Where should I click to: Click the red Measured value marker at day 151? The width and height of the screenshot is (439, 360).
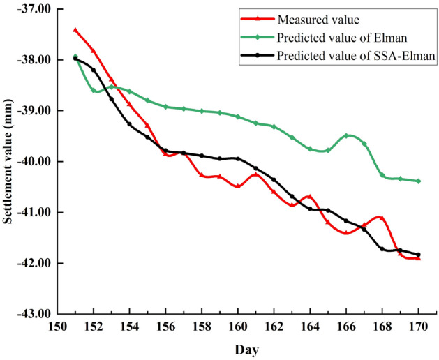pyautogui.click(x=75, y=30)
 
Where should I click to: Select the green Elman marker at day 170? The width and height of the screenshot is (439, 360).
pyautogui.click(x=418, y=181)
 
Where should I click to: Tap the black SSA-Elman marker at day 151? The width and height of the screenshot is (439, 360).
pyautogui.click(x=75, y=59)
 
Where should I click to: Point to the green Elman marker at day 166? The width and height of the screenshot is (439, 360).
pyautogui.click(x=346, y=135)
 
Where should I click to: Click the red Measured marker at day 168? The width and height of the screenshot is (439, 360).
pyautogui.click(x=382, y=218)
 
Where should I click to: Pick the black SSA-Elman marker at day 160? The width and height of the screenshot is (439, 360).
pyautogui.click(x=238, y=158)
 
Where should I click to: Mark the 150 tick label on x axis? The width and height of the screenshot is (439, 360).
pyautogui.click(x=57, y=326)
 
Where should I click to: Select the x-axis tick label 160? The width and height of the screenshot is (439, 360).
pyautogui.click(x=238, y=326)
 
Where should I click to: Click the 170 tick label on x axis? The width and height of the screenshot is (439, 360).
pyautogui.click(x=418, y=326)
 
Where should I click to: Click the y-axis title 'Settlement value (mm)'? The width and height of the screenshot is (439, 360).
pyautogui.click(x=10, y=161)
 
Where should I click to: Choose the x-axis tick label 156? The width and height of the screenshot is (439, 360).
pyautogui.click(x=165, y=326)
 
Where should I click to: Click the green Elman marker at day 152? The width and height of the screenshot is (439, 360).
pyautogui.click(x=94, y=90)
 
